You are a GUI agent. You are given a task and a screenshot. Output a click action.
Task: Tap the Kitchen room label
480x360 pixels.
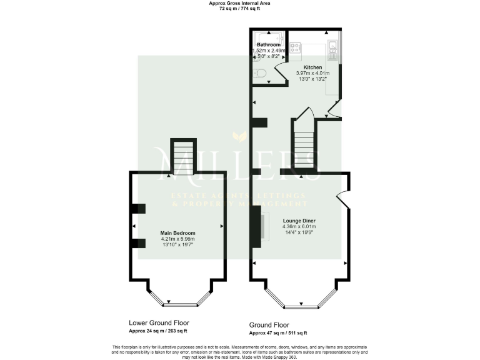click(x=312, y=67)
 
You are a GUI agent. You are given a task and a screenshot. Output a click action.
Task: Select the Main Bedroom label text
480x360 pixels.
click(x=178, y=233)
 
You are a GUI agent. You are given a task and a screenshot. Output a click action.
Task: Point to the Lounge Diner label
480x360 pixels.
click(x=299, y=221)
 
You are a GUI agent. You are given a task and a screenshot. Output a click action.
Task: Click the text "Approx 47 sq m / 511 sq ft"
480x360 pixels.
click(x=278, y=334)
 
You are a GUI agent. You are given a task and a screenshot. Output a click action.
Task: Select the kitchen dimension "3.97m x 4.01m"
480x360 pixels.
click(x=312, y=74)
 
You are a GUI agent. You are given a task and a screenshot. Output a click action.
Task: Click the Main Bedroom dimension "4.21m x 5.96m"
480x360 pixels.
click(x=178, y=239)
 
